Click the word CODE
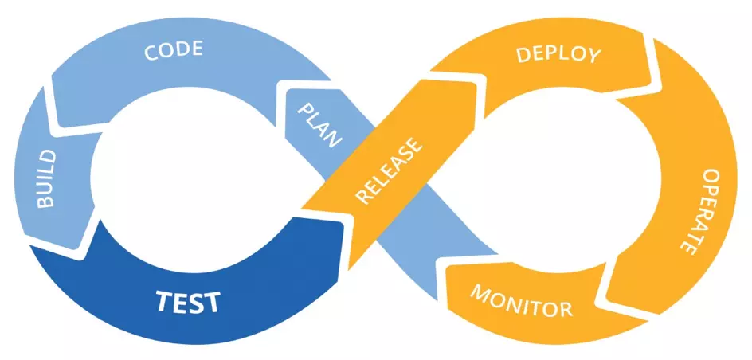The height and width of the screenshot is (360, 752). point(173,52)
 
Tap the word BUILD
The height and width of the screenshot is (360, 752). point(46,178)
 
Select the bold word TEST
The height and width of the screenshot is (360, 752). point(187,303)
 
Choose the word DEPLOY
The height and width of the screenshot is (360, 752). point(558,55)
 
